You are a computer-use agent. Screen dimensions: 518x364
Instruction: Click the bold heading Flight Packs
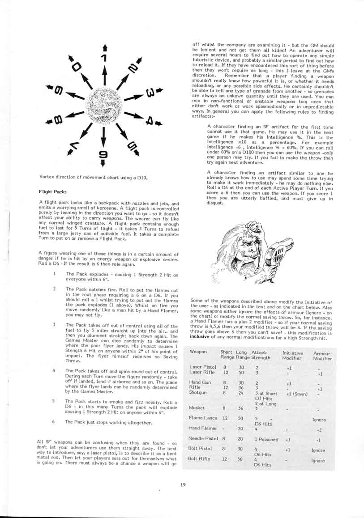point(53,192)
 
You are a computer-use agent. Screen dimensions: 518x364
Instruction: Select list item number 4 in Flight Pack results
point(53,370)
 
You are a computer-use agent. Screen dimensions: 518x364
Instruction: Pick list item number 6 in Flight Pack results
point(53,422)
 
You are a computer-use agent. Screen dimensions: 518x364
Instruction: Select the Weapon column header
point(198,352)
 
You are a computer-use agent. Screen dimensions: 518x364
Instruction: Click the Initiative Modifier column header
point(292,355)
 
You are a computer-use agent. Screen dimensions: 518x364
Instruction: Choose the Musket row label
point(197,408)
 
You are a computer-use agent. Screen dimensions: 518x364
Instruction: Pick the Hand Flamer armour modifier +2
point(319,429)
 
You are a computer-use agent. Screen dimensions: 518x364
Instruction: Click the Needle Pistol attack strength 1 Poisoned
point(266,439)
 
